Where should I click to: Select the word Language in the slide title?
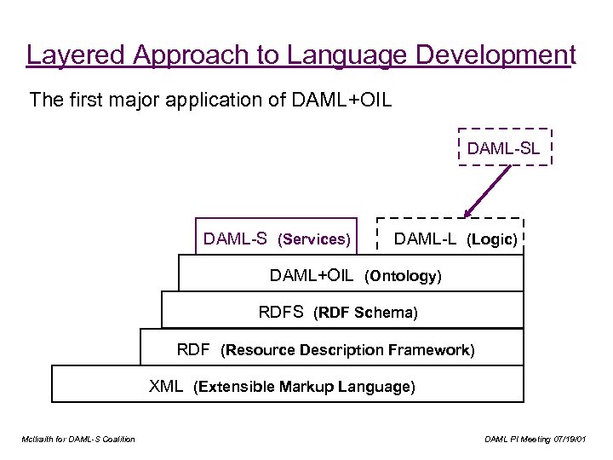point(327,55)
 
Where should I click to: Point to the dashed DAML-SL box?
point(504,147)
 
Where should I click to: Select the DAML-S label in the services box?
point(237,239)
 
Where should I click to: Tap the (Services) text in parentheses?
point(314,240)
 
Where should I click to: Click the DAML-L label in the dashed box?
point(427,239)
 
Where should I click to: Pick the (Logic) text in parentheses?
point(492,240)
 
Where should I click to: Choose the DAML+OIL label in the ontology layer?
point(312,275)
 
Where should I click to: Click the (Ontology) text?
point(404,276)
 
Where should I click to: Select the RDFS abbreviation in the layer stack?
point(281,312)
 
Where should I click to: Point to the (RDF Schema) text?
point(366,313)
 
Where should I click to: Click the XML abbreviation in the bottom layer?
point(166,386)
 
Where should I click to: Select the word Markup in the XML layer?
point(306,387)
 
